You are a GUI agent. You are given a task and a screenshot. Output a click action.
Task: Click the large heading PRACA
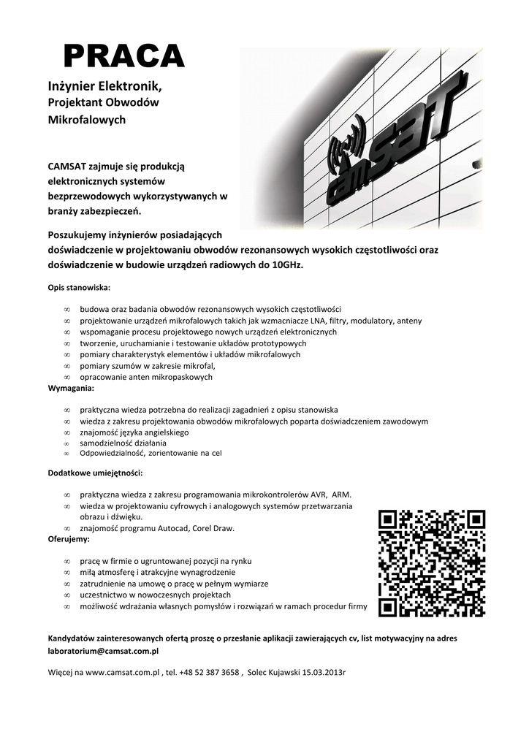point(123,56)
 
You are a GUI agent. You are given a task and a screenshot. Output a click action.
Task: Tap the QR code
point(432,563)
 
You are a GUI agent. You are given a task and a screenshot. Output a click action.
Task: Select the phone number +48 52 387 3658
point(211,671)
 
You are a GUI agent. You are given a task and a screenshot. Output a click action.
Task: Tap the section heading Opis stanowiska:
point(79,287)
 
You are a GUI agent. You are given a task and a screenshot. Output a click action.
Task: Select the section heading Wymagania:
point(71,388)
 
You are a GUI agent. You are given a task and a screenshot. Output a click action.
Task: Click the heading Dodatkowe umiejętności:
point(91,473)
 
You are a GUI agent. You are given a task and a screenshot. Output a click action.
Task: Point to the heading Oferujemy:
point(69,539)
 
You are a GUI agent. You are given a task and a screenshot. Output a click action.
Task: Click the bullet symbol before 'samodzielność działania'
point(66,443)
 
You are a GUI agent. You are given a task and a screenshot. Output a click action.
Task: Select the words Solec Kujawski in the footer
point(275,671)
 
